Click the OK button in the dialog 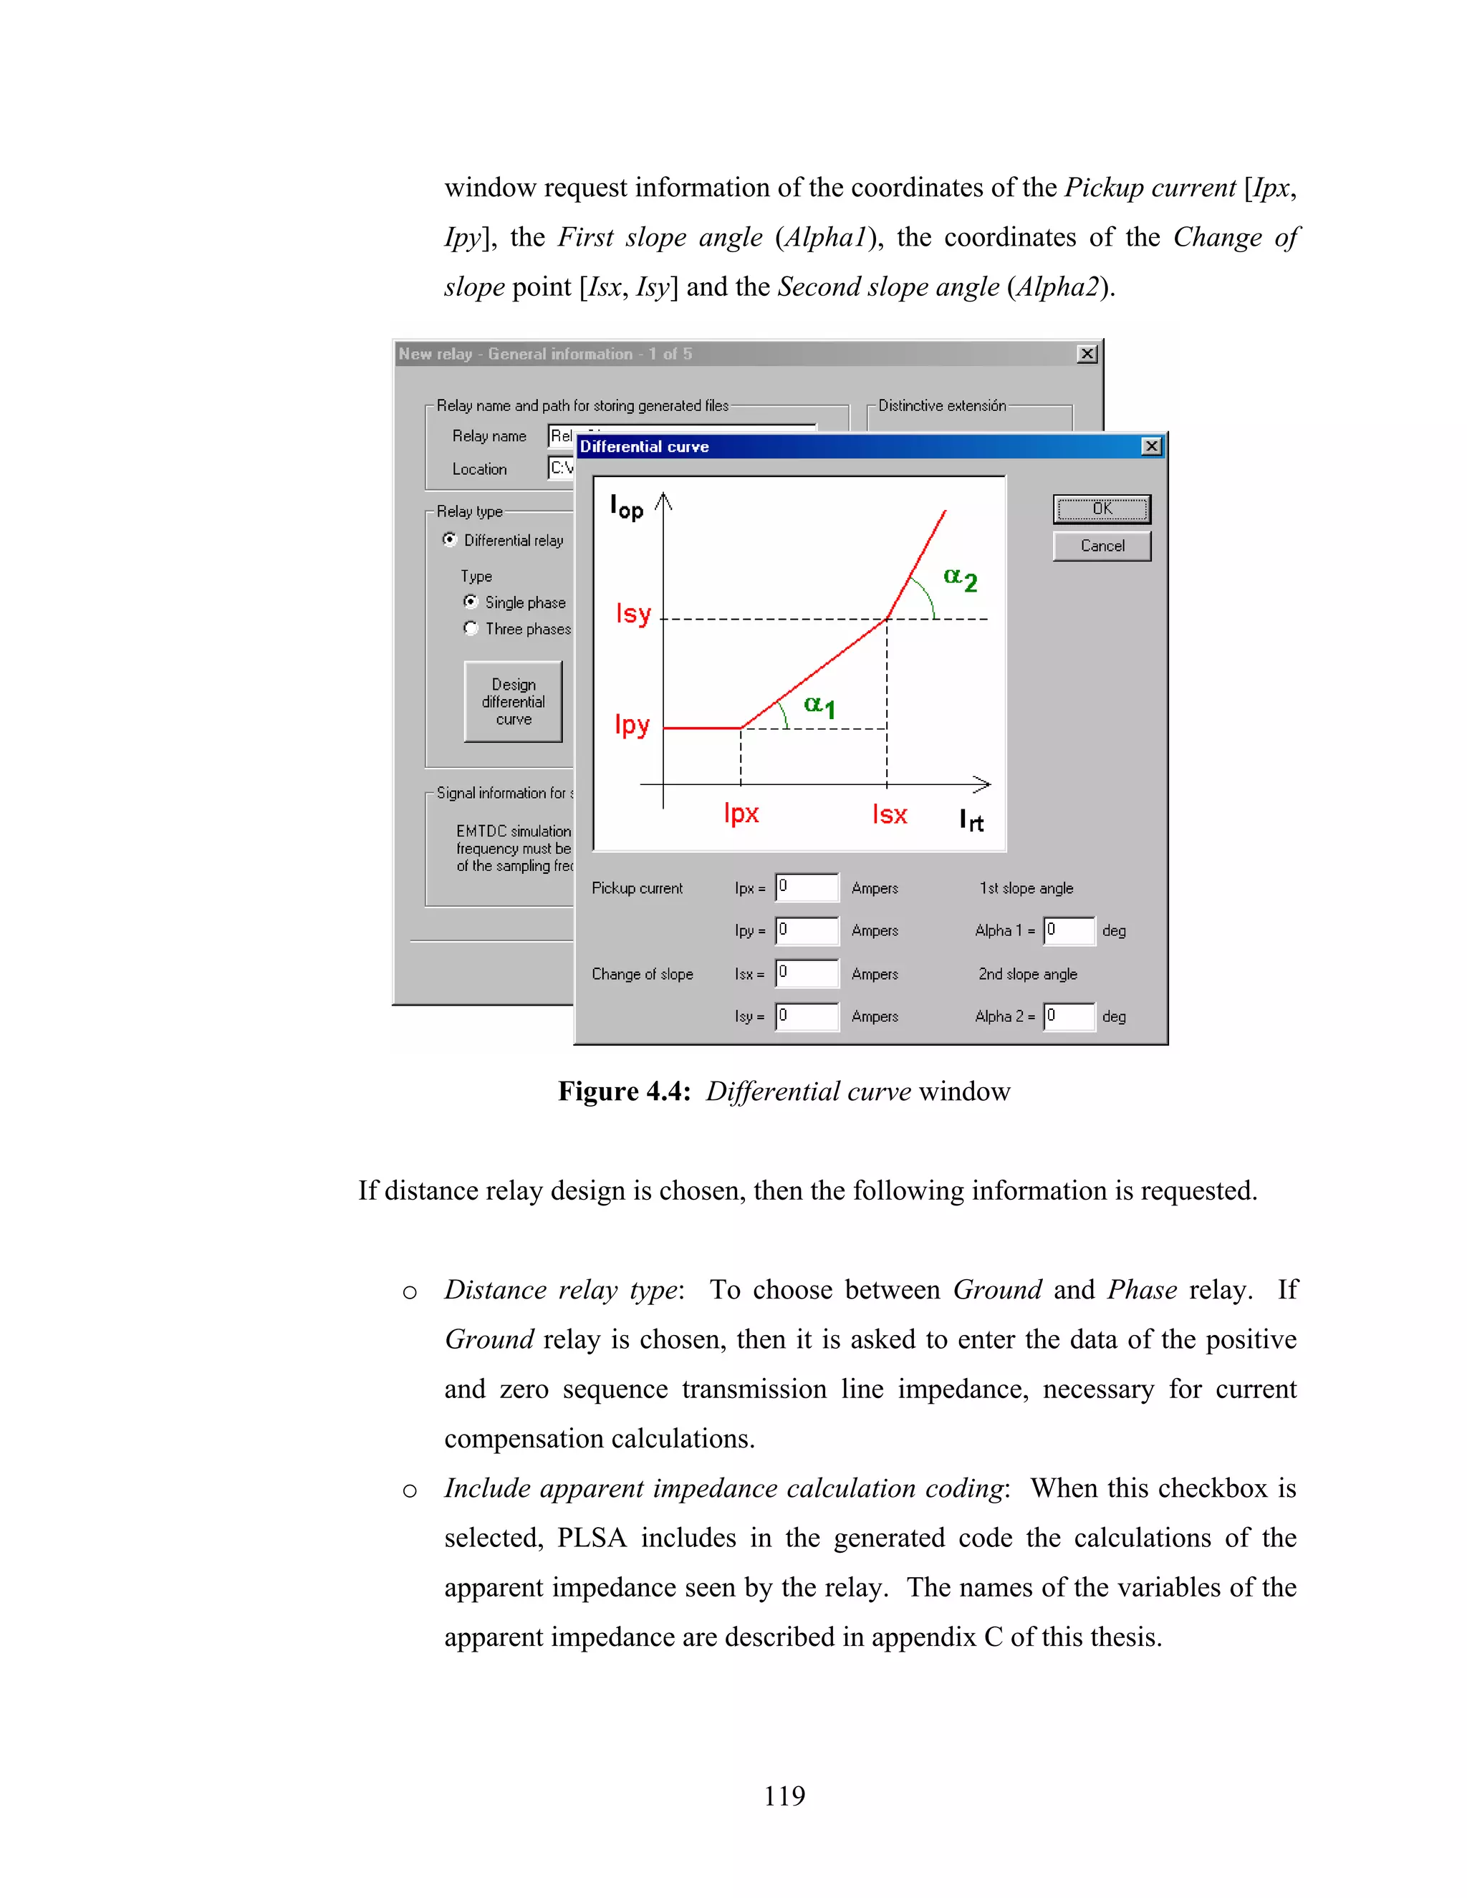tap(1101, 509)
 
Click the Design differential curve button tap(513, 701)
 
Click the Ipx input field tap(807, 887)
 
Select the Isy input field tap(807, 1016)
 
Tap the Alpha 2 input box tap(1069, 1016)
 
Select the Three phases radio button tap(471, 628)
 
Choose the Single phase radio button tap(471, 602)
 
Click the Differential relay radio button tap(449, 540)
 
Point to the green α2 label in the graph tap(961, 579)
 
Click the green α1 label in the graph tap(819, 705)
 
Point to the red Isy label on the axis tap(633, 615)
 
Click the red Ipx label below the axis tap(741, 814)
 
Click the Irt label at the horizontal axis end tap(971, 819)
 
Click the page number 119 tap(784, 1796)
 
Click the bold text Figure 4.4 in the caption tap(623, 1092)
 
